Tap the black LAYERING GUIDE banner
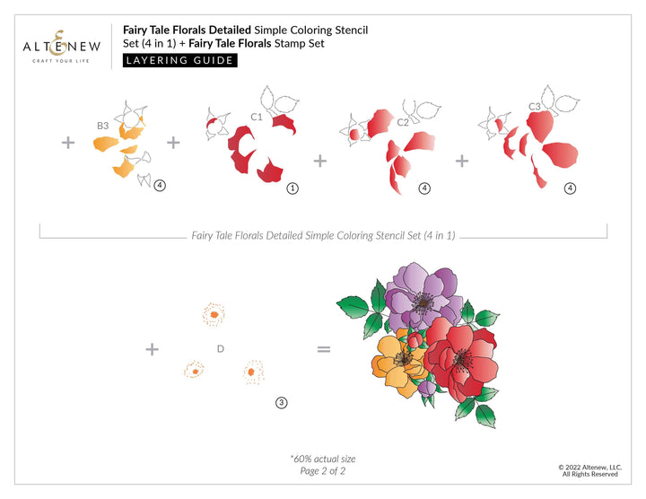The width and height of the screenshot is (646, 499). point(179,61)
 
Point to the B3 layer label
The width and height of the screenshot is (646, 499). point(103,126)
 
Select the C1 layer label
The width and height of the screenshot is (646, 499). point(256,117)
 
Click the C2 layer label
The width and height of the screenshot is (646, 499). point(403,122)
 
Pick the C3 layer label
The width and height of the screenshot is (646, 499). point(534,107)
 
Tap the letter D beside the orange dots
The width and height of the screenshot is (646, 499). point(220,348)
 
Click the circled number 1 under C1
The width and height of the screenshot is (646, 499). point(292,188)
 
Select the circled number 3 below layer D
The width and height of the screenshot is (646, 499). point(281,403)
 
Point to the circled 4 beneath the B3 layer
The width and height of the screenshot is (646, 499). point(159,186)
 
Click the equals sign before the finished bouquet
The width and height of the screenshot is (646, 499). point(324,348)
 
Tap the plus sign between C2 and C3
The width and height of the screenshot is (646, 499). point(462,161)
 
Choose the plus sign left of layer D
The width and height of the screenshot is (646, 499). point(153,348)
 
